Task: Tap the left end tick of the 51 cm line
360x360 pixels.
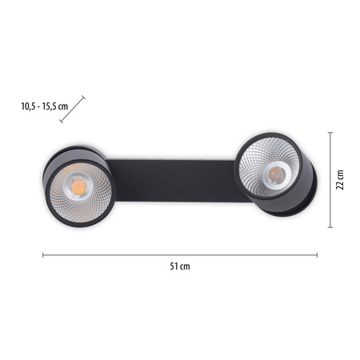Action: pos(42,255)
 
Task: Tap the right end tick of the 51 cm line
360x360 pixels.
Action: pos(318,255)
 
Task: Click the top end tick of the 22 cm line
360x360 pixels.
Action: pos(330,132)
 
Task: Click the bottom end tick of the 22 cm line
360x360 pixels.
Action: pos(330,227)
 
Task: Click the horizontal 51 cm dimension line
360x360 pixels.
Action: pos(180,255)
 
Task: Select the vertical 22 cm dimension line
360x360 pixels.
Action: pos(330,180)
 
